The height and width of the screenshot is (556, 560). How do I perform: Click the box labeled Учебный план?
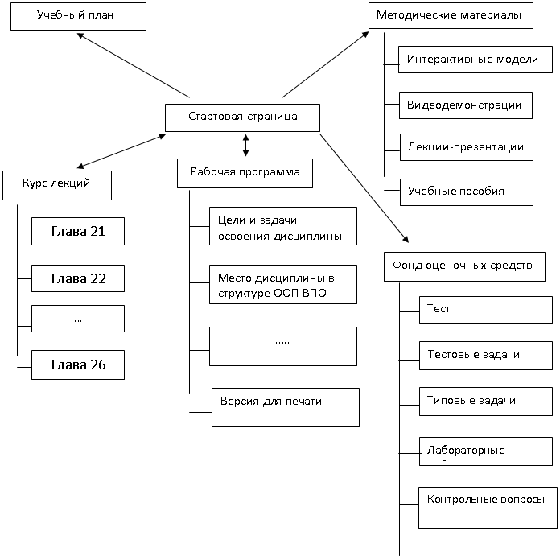(78, 16)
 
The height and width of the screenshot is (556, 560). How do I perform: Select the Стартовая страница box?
(242, 117)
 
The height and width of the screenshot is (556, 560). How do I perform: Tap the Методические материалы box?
(451, 16)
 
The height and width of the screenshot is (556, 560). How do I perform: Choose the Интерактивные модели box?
(476, 60)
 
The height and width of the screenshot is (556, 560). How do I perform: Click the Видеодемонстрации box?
(466, 105)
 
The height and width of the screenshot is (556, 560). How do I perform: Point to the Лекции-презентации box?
(467, 147)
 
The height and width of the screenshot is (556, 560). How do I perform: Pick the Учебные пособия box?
(467, 192)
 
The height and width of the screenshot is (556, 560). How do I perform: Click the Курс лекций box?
(57, 185)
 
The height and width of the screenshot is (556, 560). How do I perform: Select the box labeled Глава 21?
(78, 232)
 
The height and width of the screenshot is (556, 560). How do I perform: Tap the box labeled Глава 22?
(78, 278)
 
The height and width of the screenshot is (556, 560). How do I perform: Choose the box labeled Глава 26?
(78, 364)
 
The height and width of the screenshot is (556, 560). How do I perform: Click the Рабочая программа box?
(245, 173)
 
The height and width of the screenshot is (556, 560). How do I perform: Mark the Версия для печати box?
(286, 407)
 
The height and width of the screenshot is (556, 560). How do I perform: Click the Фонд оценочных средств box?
(464, 267)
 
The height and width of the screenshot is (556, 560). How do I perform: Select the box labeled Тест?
(486, 311)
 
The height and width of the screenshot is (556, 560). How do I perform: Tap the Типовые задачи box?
(486, 402)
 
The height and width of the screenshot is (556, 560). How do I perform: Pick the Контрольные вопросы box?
(488, 508)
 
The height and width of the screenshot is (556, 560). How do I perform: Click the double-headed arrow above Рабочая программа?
(245, 146)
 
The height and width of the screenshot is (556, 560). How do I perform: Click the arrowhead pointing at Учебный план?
(80, 35)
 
